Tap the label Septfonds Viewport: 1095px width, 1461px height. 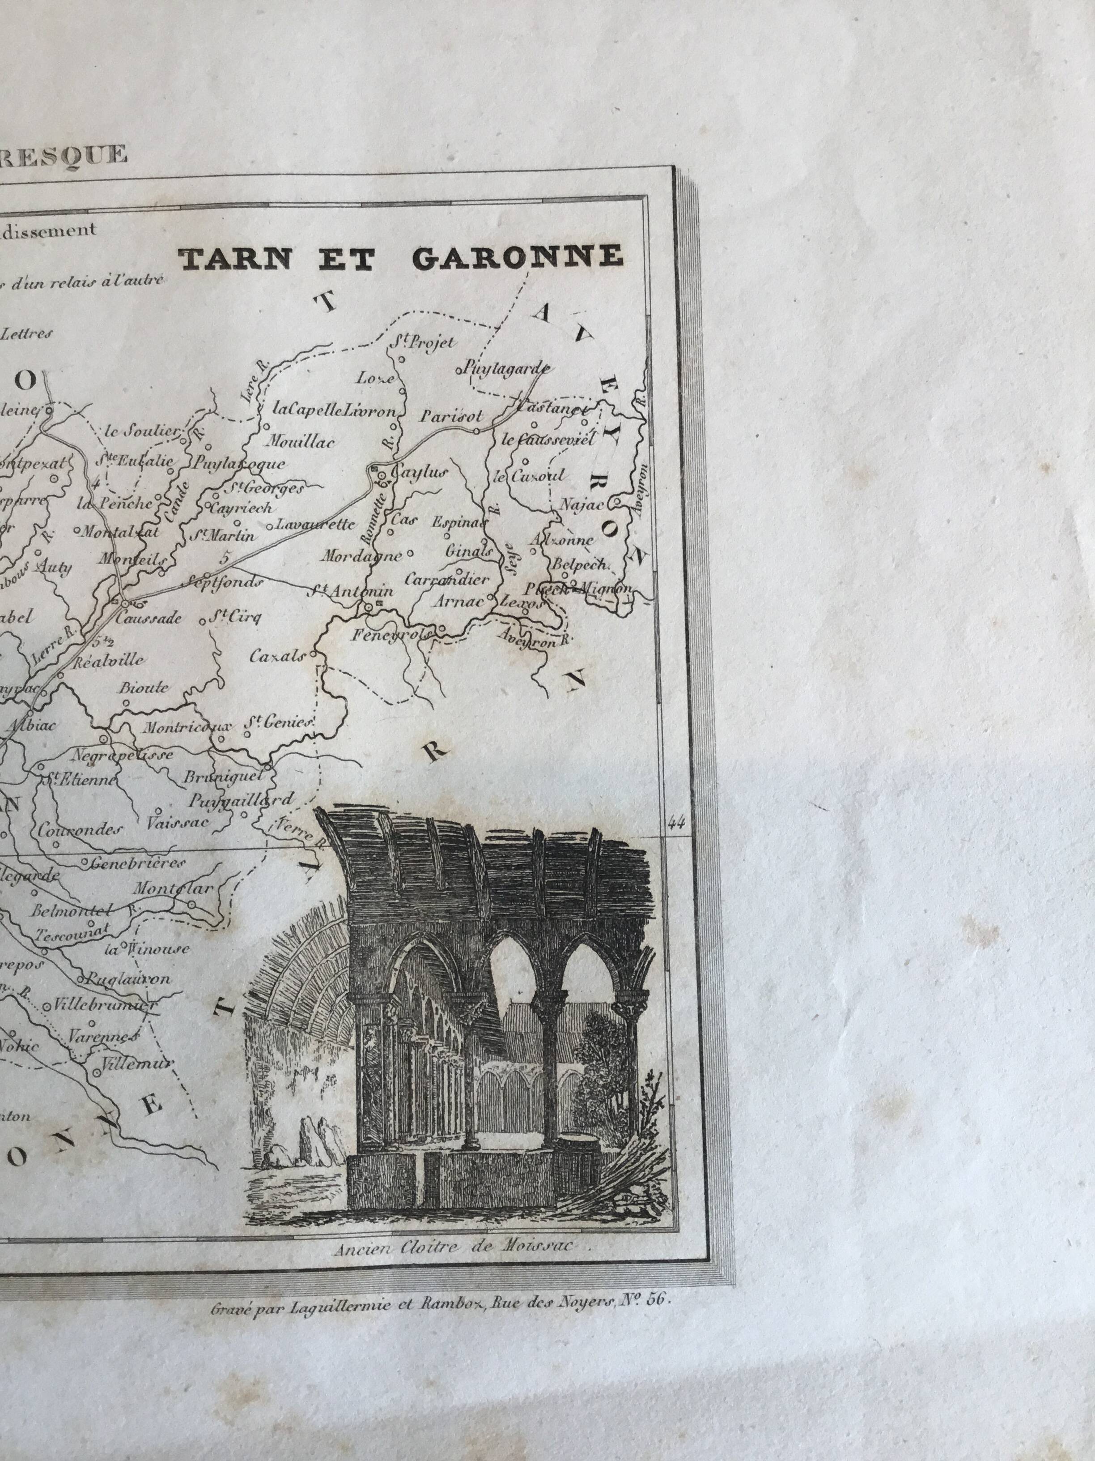[225, 582]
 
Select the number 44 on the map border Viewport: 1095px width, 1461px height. [675, 822]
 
